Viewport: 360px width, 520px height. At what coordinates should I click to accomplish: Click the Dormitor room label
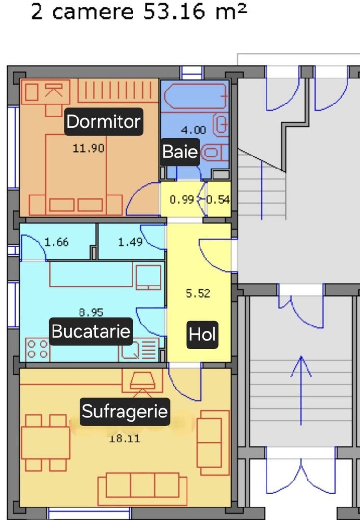103,121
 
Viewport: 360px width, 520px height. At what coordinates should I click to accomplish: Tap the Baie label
180,152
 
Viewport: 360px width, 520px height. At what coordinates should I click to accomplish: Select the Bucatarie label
91,331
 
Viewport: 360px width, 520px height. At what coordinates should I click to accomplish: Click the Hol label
202,334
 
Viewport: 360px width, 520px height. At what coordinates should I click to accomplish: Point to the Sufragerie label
124,412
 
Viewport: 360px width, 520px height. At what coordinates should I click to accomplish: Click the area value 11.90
88,148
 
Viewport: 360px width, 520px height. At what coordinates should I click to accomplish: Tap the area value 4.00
193,130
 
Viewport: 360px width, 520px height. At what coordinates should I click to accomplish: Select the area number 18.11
125,439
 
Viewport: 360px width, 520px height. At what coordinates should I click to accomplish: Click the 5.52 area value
198,293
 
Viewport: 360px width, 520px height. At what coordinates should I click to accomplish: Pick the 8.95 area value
91,312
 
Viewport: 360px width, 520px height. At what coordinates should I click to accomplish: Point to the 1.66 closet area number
56,242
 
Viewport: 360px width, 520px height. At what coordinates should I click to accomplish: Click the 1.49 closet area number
130,242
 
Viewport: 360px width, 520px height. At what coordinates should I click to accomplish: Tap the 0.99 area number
181,200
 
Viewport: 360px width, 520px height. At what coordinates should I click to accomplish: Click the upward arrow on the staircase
301,390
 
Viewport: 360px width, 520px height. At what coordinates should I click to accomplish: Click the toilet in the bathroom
215,153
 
